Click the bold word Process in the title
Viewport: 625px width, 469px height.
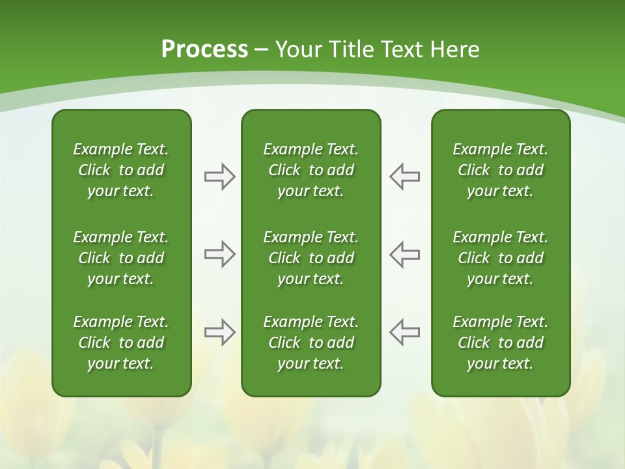tap(204, 50)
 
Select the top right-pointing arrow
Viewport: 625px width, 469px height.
tap(219, 177)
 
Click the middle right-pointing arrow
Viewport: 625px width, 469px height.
tap(219, 254)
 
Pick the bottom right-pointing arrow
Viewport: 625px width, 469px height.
tap(219, 332)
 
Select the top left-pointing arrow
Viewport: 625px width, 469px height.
tap(405, 177)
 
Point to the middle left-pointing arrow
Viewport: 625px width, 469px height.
tap(405, 254)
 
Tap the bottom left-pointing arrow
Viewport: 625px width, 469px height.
tap(405, 332)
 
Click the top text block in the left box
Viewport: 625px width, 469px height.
tap(121, 170)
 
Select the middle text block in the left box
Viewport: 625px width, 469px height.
tap(121, 258)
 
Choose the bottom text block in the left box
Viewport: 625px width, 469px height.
tap(121, 343)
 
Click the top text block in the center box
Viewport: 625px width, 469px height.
tap(311, 170)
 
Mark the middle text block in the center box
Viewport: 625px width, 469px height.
tap(311, 258)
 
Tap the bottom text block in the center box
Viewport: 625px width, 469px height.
tap(311, 343)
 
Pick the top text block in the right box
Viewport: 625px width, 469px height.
tap(500, 170)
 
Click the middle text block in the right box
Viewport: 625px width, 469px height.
tap(500, 258)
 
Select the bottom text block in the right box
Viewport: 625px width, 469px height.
tap(500, 343)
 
